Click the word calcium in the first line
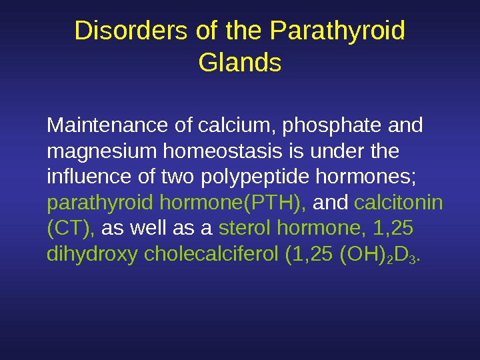pos(225,125)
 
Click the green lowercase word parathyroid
pos(101,203)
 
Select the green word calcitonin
pos(399,202)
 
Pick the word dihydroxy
pos(93,255)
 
